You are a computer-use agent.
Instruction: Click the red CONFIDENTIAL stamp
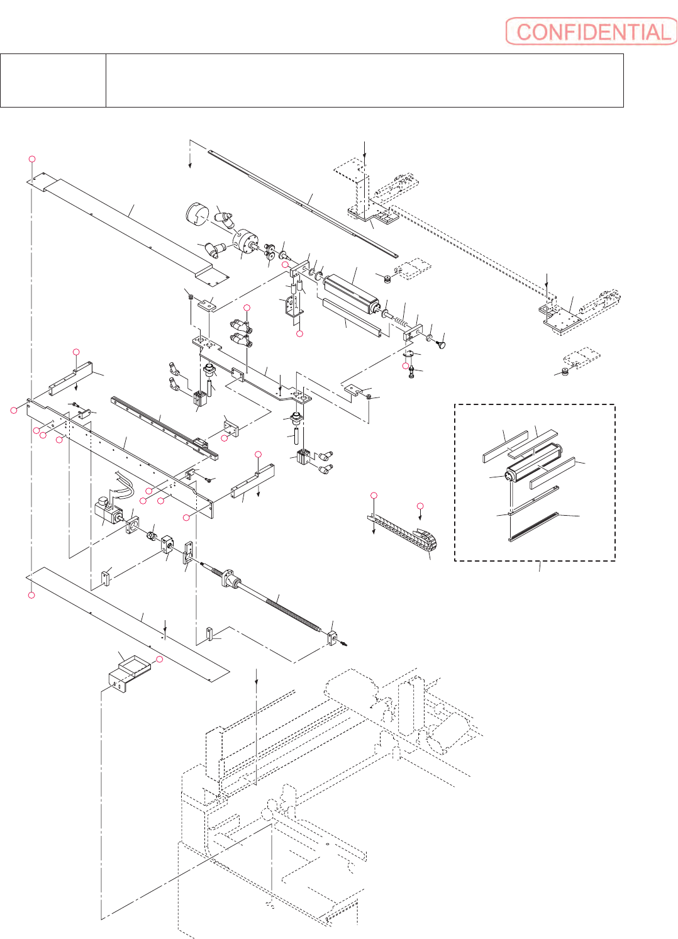tap(591, 31)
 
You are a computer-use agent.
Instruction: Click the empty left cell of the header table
tap(53, 81)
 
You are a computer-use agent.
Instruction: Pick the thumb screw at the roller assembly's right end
tap(441, 344)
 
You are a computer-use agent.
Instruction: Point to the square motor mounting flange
tap(132, 525)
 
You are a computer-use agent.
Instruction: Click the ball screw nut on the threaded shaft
tap(231, 577)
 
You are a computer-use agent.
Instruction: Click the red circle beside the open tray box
tap(159, 659)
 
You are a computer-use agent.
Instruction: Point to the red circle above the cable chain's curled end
tap(421, 506)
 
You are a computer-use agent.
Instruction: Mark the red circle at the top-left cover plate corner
tap(32, 159)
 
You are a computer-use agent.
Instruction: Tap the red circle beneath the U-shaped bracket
tap(300, 333)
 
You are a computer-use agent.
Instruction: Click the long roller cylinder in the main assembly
tap(350, 292)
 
